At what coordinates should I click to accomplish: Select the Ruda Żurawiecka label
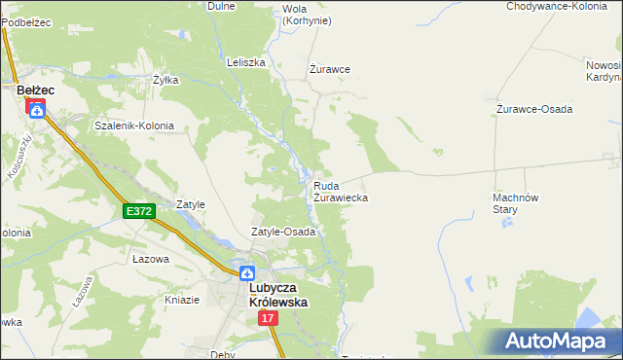pos(341,191)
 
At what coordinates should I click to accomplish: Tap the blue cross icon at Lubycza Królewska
pos(248,274)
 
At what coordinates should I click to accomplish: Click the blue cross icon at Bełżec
pos(36,110)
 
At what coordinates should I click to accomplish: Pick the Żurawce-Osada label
pos(534,108)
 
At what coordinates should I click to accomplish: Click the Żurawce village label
pos(330,69)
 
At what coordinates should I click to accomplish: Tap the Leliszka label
pos(246,62)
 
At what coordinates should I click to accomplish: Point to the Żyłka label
pos(166,80)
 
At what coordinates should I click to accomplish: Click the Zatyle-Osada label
pos(283,233)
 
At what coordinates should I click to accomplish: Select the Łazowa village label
pos(151,260)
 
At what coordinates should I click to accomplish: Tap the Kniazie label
pos(181,300)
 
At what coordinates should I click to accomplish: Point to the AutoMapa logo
pos(558,342)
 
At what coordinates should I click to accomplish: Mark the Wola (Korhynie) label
pos(306,15)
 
